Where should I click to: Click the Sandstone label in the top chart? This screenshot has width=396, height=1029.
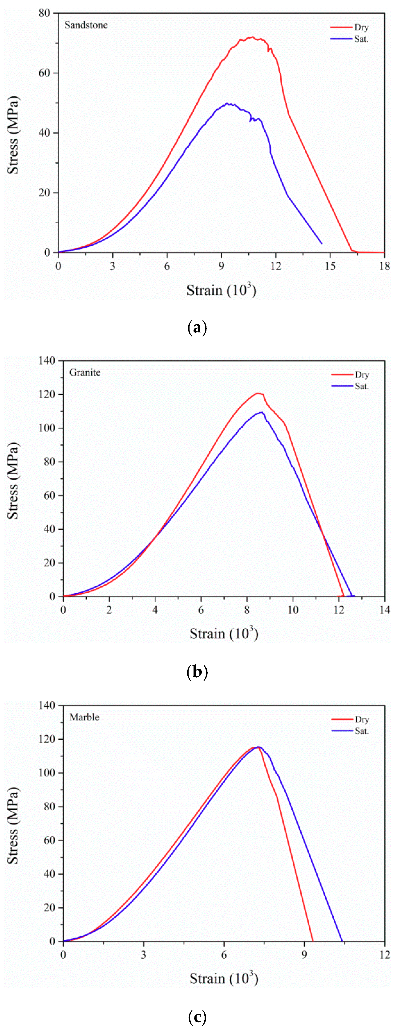coord(86,25)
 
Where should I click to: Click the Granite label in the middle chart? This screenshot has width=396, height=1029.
coord(85,372)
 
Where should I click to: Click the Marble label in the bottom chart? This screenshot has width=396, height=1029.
coord(84,717)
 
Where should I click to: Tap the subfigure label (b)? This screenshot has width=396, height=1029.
coord(197,672)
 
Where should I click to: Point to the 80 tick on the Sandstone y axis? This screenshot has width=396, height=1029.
coord(44,13)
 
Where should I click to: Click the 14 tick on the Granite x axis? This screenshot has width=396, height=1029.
coord(385,610)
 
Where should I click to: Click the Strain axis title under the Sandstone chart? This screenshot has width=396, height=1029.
coord(221,290)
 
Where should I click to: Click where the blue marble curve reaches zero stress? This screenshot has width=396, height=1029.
coord(342,941)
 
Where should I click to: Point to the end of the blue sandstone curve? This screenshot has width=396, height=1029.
coord(322,243)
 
